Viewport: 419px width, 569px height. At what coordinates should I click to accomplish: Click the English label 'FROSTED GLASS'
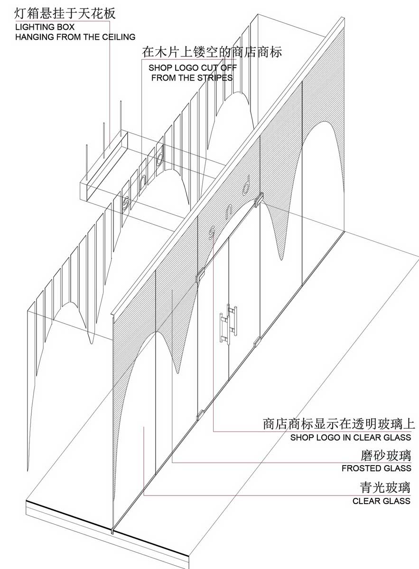pyautogui.click(x=376, y=468)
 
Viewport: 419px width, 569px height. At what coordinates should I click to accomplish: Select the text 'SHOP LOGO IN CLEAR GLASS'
pyautogui.click(x=351, y=437)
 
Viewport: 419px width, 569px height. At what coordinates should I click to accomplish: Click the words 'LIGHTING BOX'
pyautogui.click(x=45, y=27)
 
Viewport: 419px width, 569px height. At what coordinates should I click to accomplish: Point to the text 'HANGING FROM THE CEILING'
pyautogui.click(x=75, y=37)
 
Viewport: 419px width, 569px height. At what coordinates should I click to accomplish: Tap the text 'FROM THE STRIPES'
pyautogui.click(x=192, y=78)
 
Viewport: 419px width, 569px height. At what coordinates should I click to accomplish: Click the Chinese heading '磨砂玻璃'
pyautogui.click(x=386, y=456)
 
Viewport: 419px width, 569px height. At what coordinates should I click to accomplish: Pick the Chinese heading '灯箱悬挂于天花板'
pyautogui.click(x=65, y=13)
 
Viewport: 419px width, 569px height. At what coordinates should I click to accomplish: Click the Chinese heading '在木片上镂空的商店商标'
pyautogui.click(x=212, y=52)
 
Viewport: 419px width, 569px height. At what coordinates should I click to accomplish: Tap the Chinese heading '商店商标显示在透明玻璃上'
pyautogui.click(x=339, y=424)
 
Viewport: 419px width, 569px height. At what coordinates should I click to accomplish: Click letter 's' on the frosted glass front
pyautogui.click(x=211, y=233)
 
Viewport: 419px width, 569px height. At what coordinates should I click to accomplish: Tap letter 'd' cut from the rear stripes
pyautogui.click(x=159, y=155)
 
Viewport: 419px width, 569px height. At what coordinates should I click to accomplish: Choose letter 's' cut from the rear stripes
pyautogui.click(x=126, y=203)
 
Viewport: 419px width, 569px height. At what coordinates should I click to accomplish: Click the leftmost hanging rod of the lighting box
pyautogui.click(x=87, y=162)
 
